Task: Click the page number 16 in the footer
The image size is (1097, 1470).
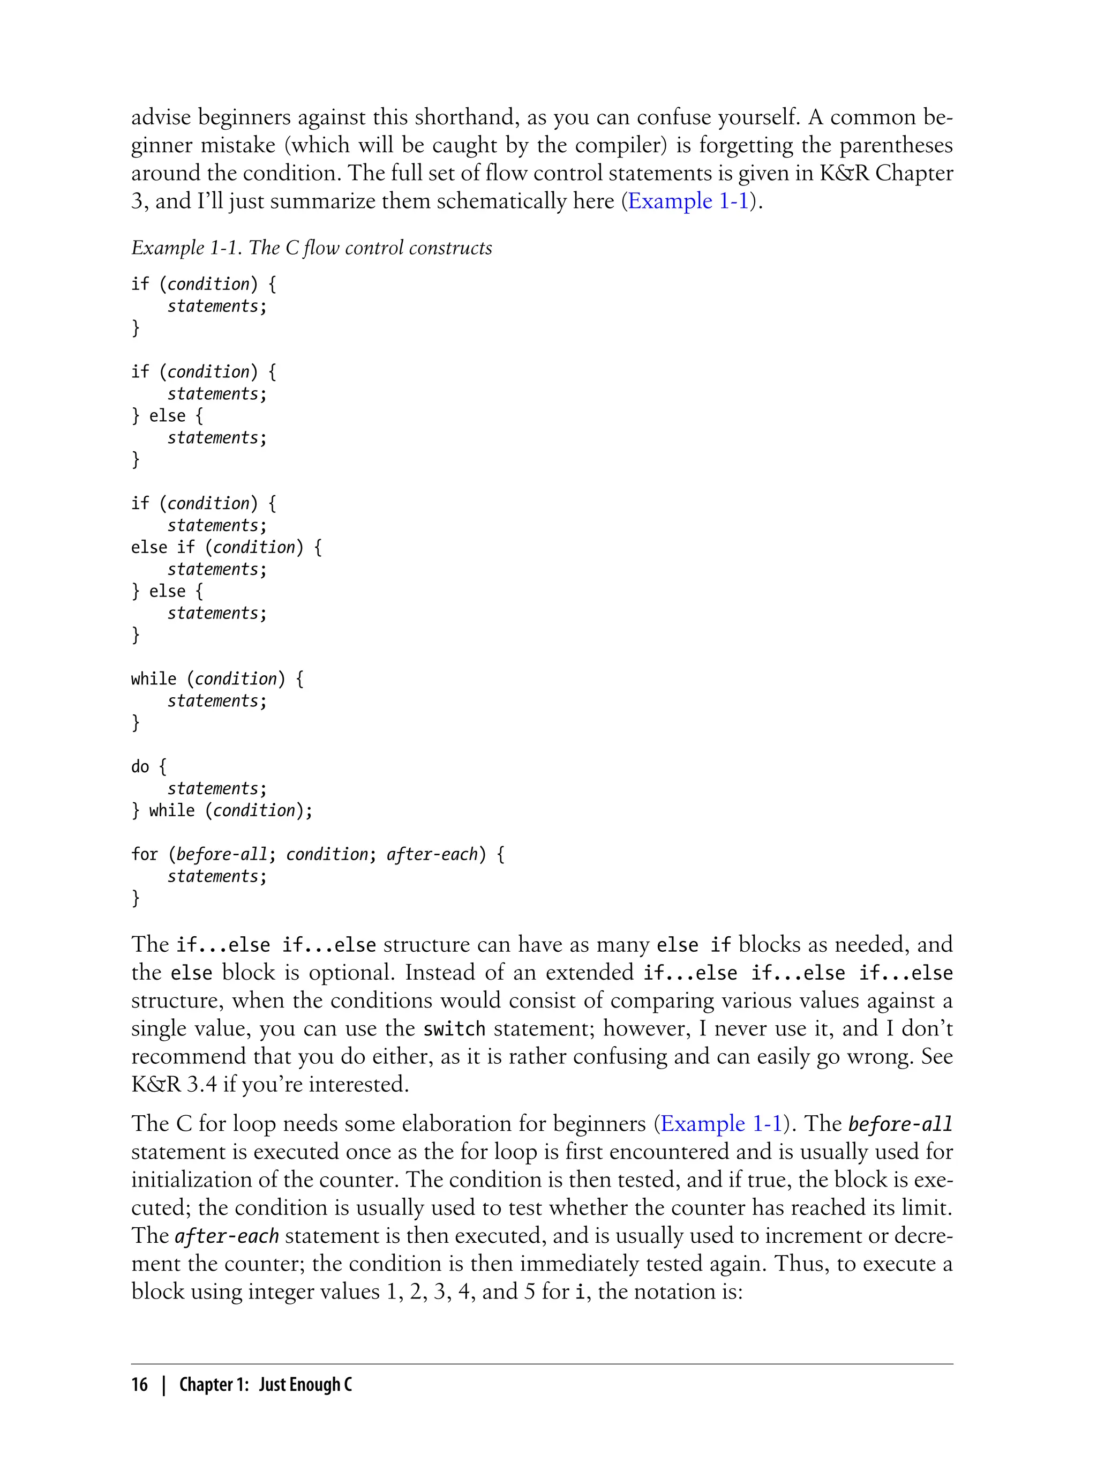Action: coord(139,1384)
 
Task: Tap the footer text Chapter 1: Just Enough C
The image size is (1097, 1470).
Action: coord(266,1384)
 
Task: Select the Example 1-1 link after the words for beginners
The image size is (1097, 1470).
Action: coord(721,1123)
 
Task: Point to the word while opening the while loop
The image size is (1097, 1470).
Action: coord(153,678)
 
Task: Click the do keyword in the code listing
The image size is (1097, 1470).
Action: coord(140,766)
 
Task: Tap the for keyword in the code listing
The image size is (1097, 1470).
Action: coord(144,854)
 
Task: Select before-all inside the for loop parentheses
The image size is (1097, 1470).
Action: coord(222,854)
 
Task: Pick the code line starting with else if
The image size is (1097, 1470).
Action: coord(226,547)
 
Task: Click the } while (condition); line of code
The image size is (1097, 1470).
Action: coord(222,810)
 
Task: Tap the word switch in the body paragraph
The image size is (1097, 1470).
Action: coord(454,1029)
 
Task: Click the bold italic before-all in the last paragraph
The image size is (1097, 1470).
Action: coord(900,1124)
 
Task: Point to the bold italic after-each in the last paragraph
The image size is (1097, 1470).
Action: coord(227,1236)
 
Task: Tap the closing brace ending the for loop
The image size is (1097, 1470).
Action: coord(136,898)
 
